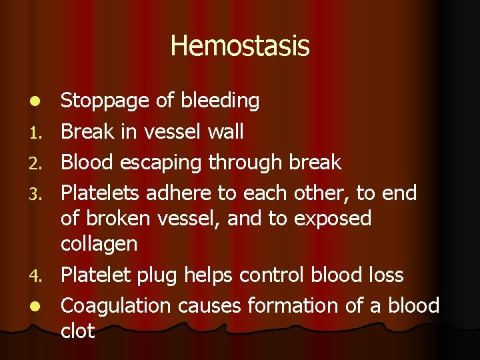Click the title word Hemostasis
point(240,46)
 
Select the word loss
point(385,275)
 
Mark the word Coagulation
point(117,307)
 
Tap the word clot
point(78,331)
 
